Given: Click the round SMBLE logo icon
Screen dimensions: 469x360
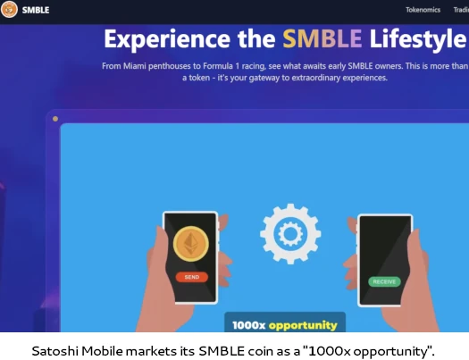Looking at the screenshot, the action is pyautogui.click(x=9, y=9).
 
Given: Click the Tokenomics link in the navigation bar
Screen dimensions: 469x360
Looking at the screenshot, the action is pyautogui.click(x=423, y=10).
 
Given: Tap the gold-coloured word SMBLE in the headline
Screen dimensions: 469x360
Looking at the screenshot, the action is pyautogui.click(x=322, y=38).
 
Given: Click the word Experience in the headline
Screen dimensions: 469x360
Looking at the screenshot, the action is pyautogui.click(x=167, y=39).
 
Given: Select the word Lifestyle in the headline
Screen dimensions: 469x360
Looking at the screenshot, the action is pyautogui.click(x=418, y=39).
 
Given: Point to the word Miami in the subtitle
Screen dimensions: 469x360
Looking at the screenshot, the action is pyautogui.click(x=135, y=66).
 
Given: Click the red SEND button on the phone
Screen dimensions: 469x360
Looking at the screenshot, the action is pyautogui.click(x=192, y=277).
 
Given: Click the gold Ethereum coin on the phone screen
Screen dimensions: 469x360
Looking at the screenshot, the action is pyautogui.click(x=191, y=244).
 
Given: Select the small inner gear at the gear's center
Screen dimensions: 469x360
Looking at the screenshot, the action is pyautogui.click(x=290, y=234).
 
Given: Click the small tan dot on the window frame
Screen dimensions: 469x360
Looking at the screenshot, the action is pyautogui.click(x=55, y=119).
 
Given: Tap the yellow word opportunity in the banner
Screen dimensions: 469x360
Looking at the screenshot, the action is pyautogui.click(x=303, y=325).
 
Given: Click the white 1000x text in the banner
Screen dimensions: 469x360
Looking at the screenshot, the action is pyautogui.click(x=248, y=325).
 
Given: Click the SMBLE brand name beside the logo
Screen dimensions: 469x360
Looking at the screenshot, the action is pyautogui.click(x=36, y=10).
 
